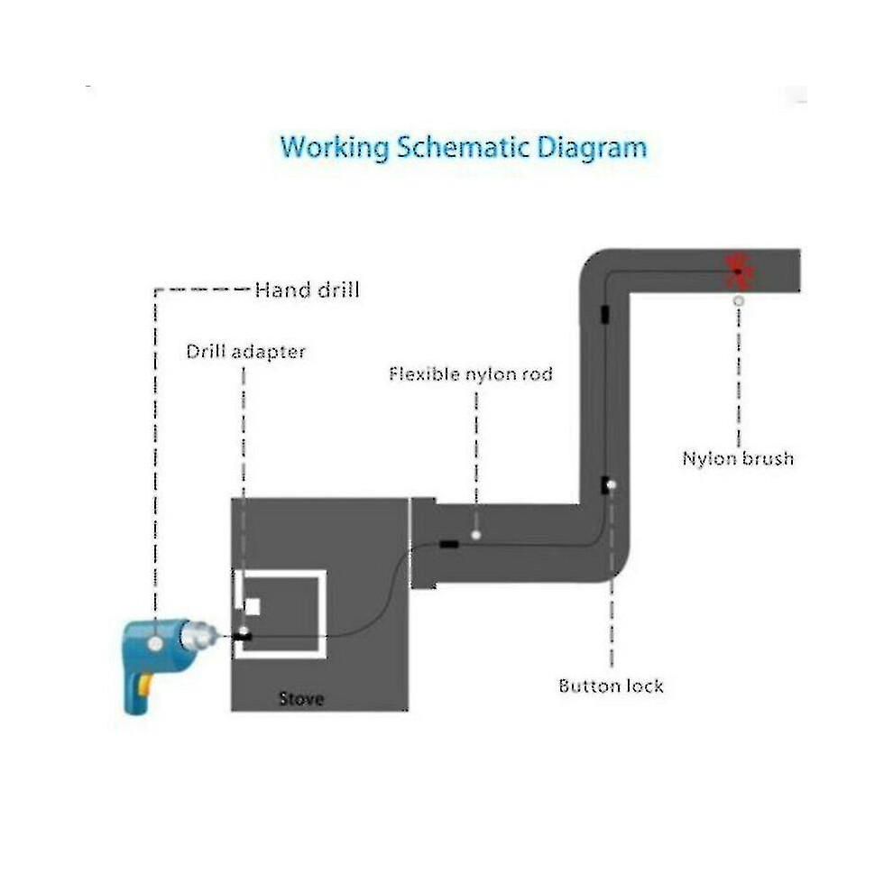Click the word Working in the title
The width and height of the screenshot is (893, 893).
click(x=335, y=148)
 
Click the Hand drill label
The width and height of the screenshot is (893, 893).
click(x=307, y=290)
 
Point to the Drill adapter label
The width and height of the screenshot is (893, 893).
click(x=246, y=352)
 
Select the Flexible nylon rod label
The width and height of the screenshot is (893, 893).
click(x=471, y=374)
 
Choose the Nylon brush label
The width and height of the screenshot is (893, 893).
click(x=738, y=458)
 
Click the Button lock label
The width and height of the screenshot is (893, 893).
click(x=611, y=686)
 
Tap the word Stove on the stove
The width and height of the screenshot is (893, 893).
click(x=301, y=699)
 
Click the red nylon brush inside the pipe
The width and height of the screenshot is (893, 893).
click(x=739, y=272)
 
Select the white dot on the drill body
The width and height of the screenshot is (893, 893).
click(x=155, y=643)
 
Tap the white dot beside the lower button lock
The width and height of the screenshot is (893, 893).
click(x=612, y=485)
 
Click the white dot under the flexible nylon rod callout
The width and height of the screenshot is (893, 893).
click(x=476, y=535)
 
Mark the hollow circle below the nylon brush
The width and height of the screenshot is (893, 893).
click(x=739, y=300)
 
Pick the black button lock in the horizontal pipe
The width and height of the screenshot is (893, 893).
click(x=449, y=545)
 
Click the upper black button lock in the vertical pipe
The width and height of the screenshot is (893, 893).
click(x=605, y=315)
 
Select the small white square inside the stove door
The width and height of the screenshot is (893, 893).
click(x=252, y=607)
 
